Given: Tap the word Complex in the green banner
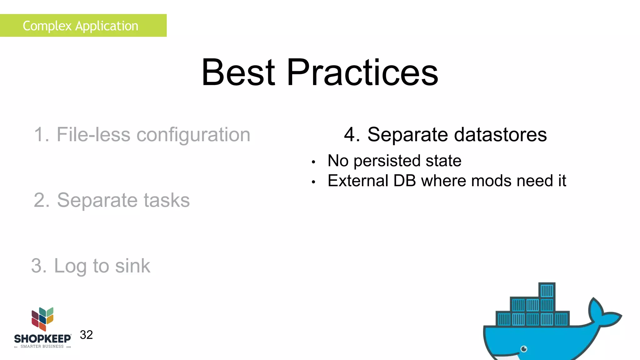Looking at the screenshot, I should tap(47, 26).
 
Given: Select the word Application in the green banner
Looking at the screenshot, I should tap(107, 26).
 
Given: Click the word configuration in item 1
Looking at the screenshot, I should tap(193, 135).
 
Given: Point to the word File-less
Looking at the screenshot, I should tap(93, 135).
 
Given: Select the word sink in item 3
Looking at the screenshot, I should tap(132, 266).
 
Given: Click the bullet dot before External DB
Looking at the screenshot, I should tap(313, 182).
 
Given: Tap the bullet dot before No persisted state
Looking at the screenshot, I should tap(313, 162).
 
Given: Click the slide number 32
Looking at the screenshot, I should tap(86, 335).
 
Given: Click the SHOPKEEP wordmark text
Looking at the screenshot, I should tap(42, 339).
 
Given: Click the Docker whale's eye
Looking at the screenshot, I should tap(524, 349).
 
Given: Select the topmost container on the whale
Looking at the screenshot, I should tap(547, 291).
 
